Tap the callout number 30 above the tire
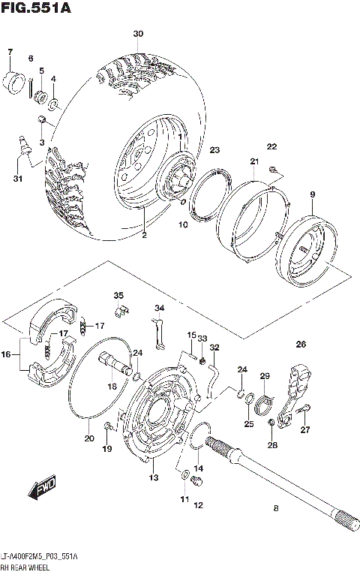pos(137,35)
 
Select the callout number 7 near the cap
pos(10,52)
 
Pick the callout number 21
pos(254,163)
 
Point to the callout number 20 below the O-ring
pos(89,439)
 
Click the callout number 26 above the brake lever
pos(301,345)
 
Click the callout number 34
pos(159,308)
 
